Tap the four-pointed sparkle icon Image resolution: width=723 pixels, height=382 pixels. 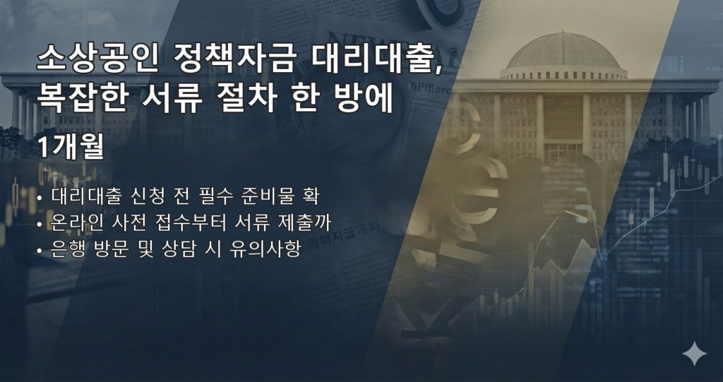pyautogui.click(x=694, y=353)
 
